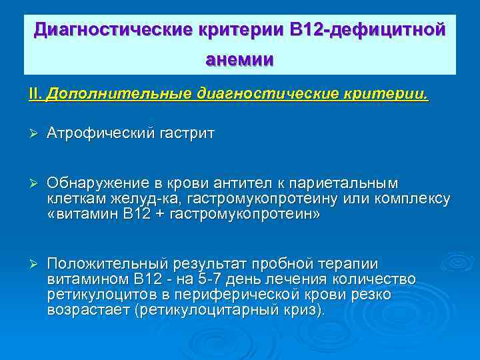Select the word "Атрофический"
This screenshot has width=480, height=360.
100,133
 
